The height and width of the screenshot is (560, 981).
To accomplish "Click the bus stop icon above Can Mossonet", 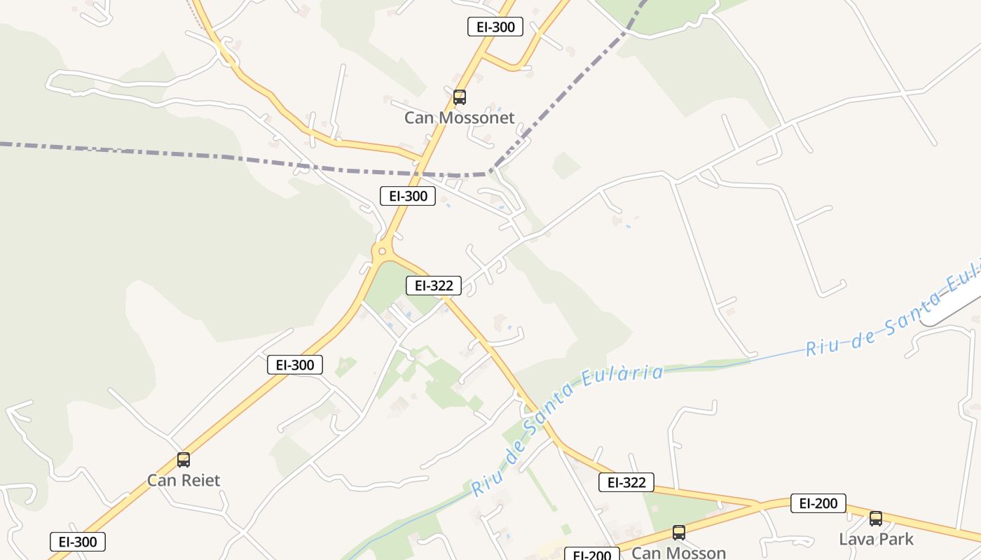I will pyautogui.click(x=460, y=97).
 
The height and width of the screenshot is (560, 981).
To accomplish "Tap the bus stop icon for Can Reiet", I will pyautogui.click(x=184, y=460).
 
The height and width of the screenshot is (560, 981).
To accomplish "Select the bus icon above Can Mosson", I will pyautogui.click(x=678, y=533).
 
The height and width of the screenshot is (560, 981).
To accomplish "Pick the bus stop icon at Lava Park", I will pyautogui.click(x=876, y=519).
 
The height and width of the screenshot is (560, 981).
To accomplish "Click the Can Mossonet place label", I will pyautogui.click(x=459, y=118).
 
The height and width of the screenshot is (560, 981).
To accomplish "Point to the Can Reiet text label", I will pyautogui.click(x=184, y=480).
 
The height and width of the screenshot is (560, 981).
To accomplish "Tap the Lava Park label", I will pyautogui.click(x=876, y=539).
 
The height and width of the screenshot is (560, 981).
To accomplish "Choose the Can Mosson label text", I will pyautogui.click(x=678, y=552).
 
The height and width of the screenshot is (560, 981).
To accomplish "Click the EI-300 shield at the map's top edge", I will pyautogui.click(x=495, y=27).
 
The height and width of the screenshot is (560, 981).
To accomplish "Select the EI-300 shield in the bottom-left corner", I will pyautogui.click(x=78, y=542).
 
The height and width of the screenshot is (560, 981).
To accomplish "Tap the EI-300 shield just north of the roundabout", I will pyautogui.click(x=408, y=196).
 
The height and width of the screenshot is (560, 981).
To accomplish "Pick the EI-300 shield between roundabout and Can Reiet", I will pyautogui.click(x=295, y=365).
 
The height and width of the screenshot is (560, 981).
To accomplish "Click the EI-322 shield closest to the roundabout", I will pyautogui.click(x=434, y=286).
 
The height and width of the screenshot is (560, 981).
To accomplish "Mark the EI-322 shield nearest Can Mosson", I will pyautogui.click(x=626, y=482).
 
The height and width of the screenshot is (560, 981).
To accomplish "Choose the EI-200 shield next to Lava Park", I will pyautogui.click(x=818, y=503).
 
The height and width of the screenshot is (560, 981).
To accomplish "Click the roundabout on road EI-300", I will pyautogui.click(x=382, y=251).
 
